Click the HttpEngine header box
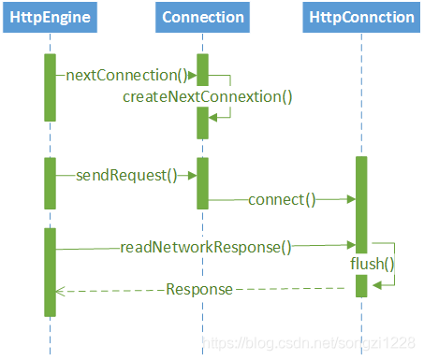click(50, 17)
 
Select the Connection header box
click(202, 17)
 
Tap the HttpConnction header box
click(361, 17)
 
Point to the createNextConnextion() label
click(207, 96)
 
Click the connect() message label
click(282, 199)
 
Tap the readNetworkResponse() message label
click(206, 248)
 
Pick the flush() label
click(372, 264)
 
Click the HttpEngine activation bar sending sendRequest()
click(50, 182)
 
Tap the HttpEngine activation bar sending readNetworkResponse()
click(50, 271)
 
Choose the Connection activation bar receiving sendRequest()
click(202, 182)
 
